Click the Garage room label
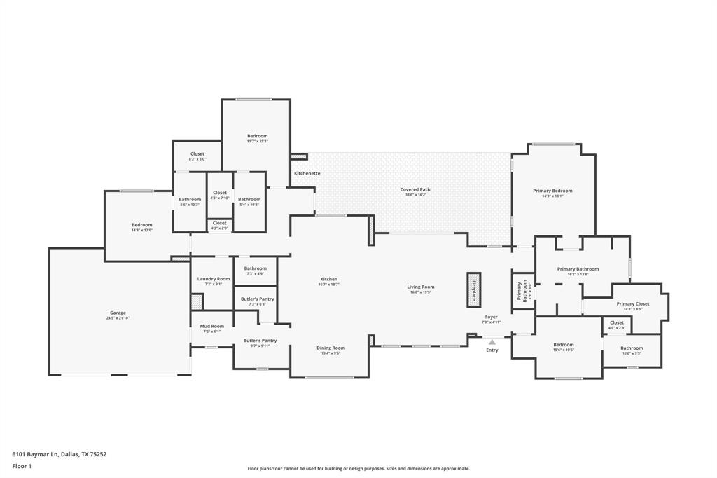coord(118,313)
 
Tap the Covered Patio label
coord(416,189)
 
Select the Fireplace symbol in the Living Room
coord(474,289)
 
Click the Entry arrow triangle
coord(492,342)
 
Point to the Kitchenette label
coord(307,173)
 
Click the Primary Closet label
coord(633,304)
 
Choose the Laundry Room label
coord(214,279)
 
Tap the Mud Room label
coord(212,326)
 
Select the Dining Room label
coord(330,348)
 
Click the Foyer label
coord(491,317)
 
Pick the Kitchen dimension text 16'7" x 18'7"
coord(328,285)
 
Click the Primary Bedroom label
coord(552,191)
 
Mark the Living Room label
coord(421,287)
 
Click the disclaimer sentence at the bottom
coord(358,469)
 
